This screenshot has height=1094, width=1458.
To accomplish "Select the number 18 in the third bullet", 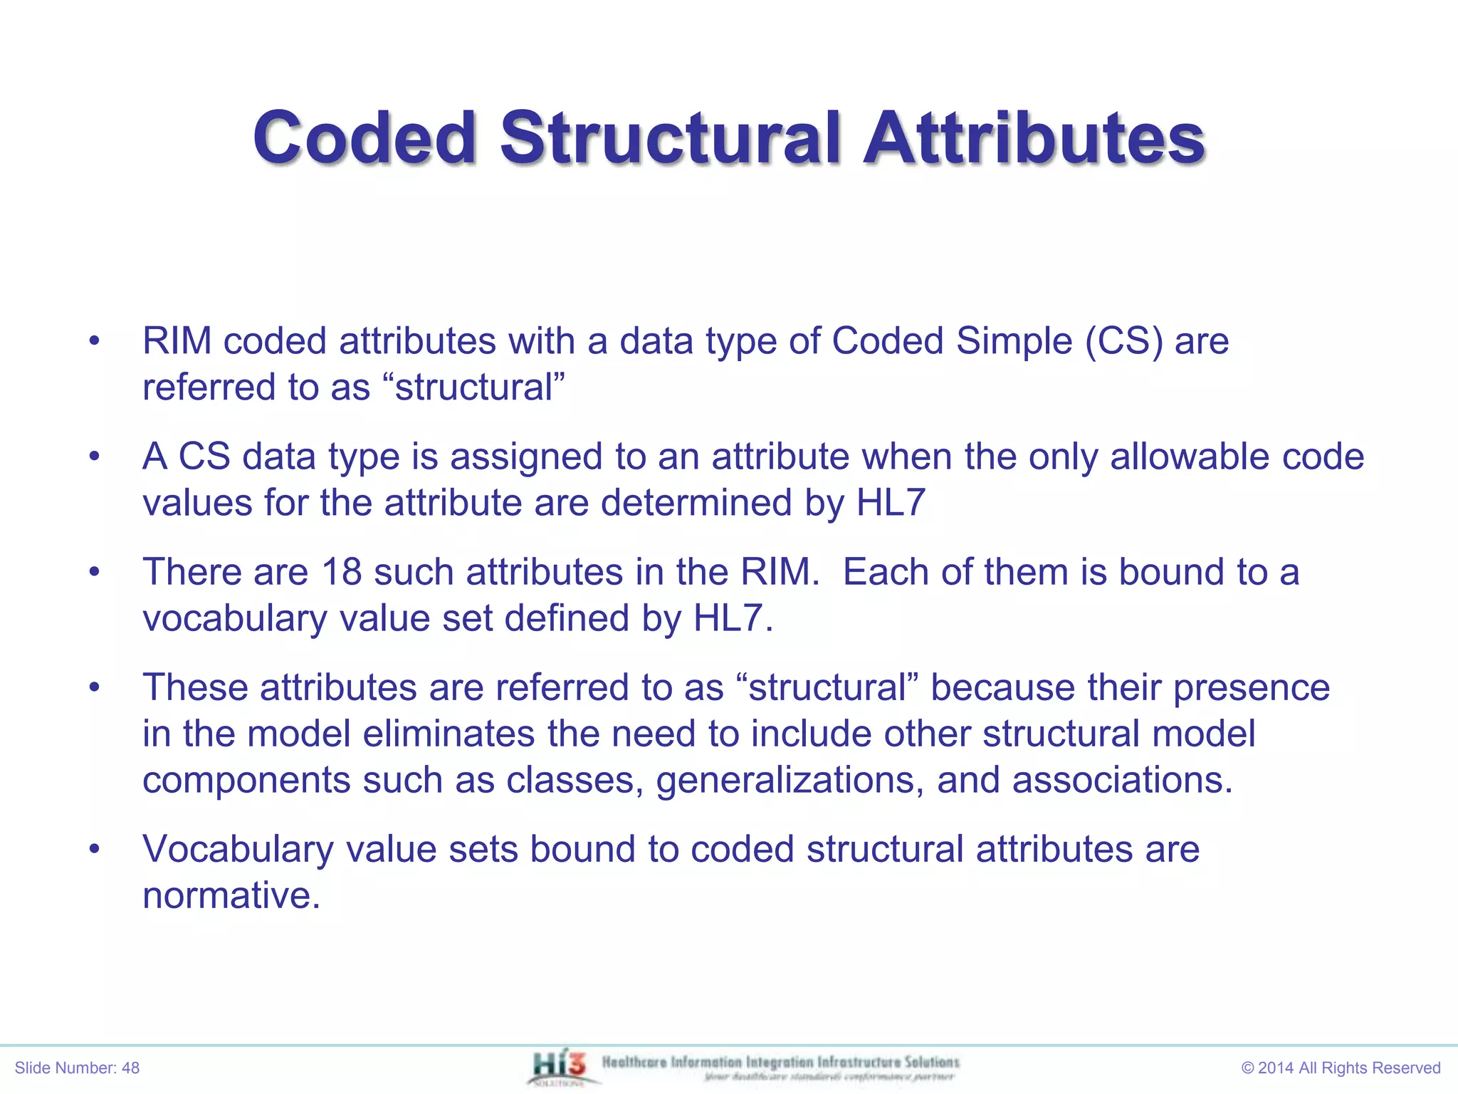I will point(342,572).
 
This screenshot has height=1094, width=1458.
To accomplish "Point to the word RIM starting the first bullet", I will point(177,341).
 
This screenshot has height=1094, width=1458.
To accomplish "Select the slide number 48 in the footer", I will point(130,1068).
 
